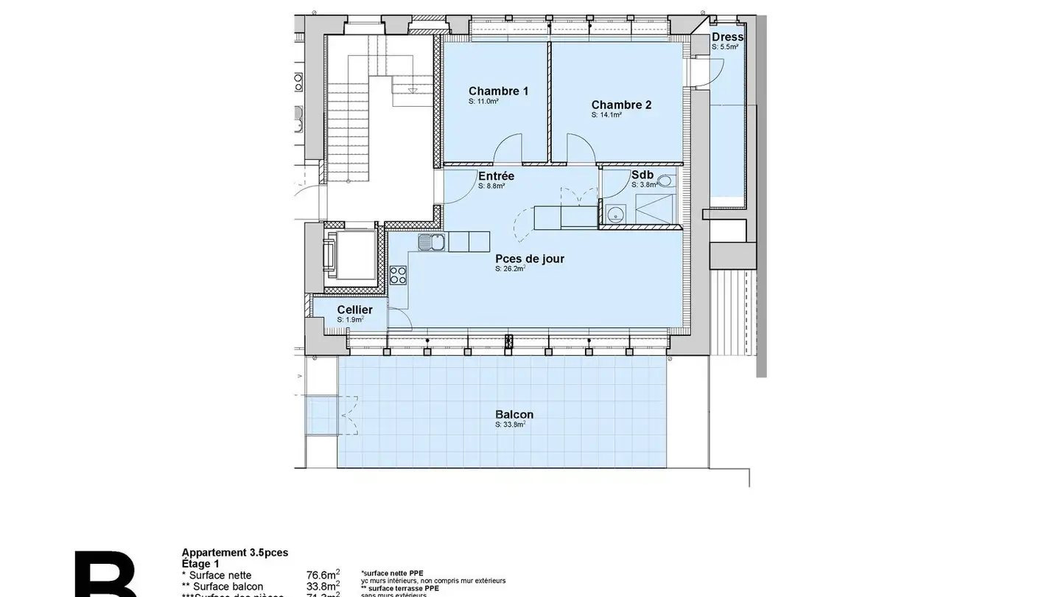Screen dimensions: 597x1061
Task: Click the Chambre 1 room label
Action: (x=498, y=91)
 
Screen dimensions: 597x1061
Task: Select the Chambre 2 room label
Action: (x=621, y=105)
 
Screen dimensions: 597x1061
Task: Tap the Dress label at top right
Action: (x=727, y=37)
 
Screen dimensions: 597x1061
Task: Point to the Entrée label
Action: (x=496, y=176)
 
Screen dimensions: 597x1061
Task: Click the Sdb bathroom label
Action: (x=642, y=175)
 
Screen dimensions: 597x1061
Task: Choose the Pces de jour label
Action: (x=530, y=259)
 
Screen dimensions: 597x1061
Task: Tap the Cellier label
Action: (x=354, y=310)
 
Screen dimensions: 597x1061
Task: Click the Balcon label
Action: (x=514, y=414)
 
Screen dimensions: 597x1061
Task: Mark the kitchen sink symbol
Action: (x=431, y=242)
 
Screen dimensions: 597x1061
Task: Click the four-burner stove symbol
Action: (x=398, y=275)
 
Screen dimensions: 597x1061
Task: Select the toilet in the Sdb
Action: (x=665, y=180)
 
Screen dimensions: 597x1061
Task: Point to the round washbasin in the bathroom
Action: (x=614, y=214)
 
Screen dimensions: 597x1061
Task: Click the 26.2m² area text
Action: (x=510, y=269)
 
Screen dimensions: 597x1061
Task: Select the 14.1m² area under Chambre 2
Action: (x=606, y=115)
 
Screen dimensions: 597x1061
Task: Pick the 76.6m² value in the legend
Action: (x=323, y=575)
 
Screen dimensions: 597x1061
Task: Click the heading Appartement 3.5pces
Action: (x=235, y=552)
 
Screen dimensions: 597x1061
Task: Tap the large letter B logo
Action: (x=105, y=575)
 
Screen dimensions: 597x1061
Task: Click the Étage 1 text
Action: (x=200, y=563)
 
